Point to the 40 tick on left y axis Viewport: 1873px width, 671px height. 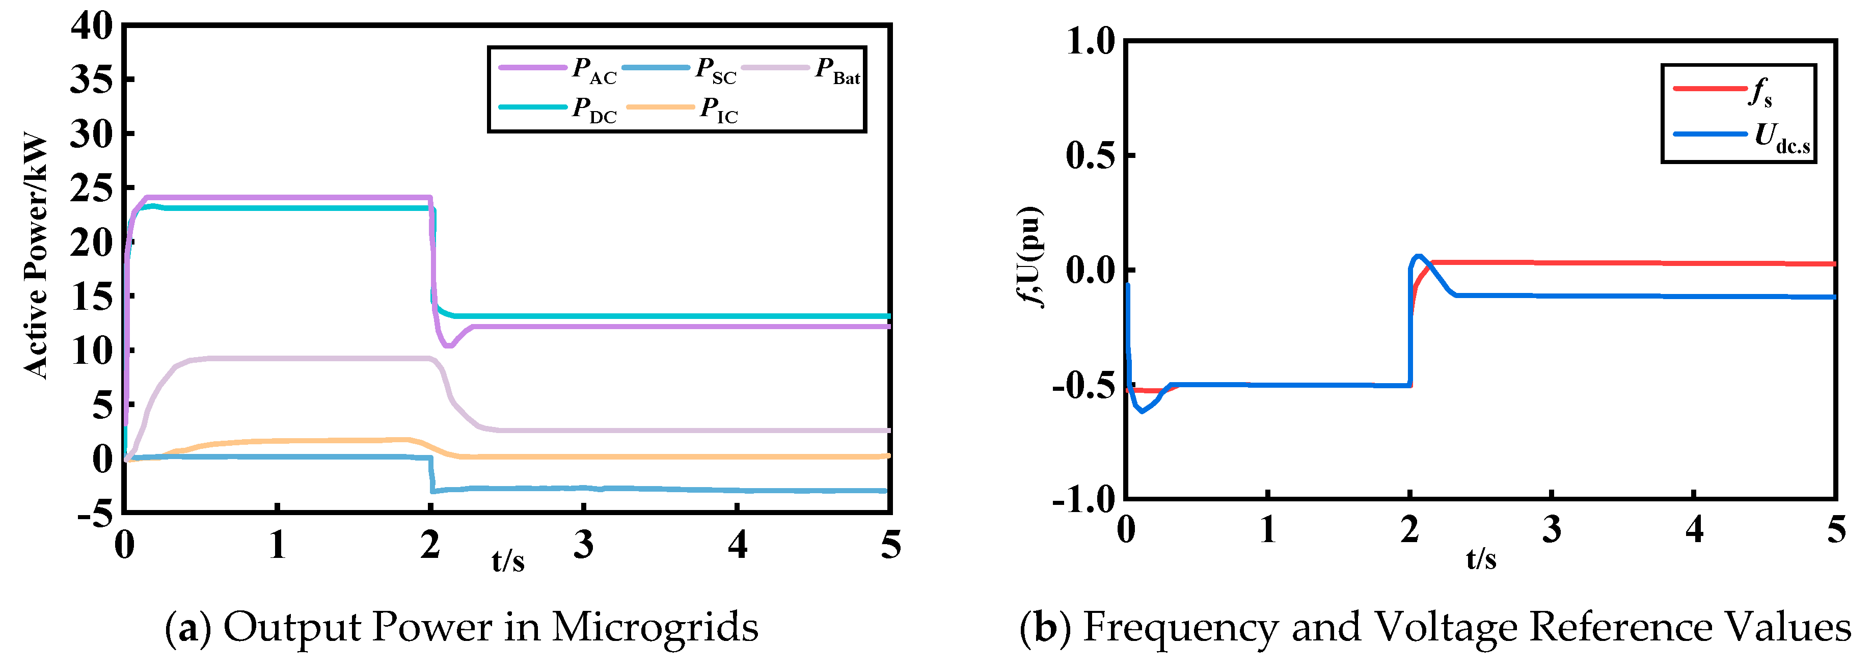[x=92, y=27]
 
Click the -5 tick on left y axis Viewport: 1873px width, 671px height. [x=95, y=515]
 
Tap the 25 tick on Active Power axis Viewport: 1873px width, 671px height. [x=92, y=189]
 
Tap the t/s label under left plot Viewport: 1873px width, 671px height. [x=507, y=560]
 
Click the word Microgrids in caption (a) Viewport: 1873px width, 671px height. [x=655, y=627]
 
